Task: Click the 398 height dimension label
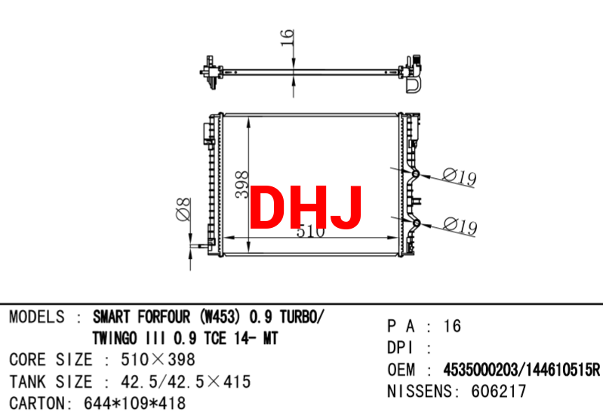(x=242, y=185)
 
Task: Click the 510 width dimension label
(x=311, y=232)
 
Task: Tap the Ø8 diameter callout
(x=183, y=209)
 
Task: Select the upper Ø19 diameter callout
(x=459, y=177)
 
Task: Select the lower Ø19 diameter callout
(x=460, y=226)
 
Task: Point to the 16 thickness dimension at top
(x=288, y=38)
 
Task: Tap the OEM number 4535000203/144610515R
(x=521, y=370)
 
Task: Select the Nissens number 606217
(x=498, y=392)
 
